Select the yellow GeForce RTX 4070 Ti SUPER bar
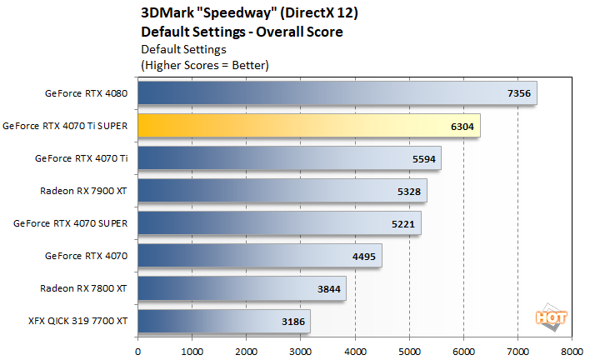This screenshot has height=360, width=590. tap(308, 125)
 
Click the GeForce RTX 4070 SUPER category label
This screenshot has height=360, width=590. tap(71, 223)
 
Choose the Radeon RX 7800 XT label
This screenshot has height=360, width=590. tap(83, 288)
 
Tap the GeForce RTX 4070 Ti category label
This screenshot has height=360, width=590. tap(81, 158)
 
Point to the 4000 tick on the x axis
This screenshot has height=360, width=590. tap(355, 352)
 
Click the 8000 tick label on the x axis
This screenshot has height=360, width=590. tap(572, 352)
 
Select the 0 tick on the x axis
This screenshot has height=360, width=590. tap(137, 352)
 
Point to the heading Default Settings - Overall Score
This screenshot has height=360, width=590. tap(242, 32)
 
